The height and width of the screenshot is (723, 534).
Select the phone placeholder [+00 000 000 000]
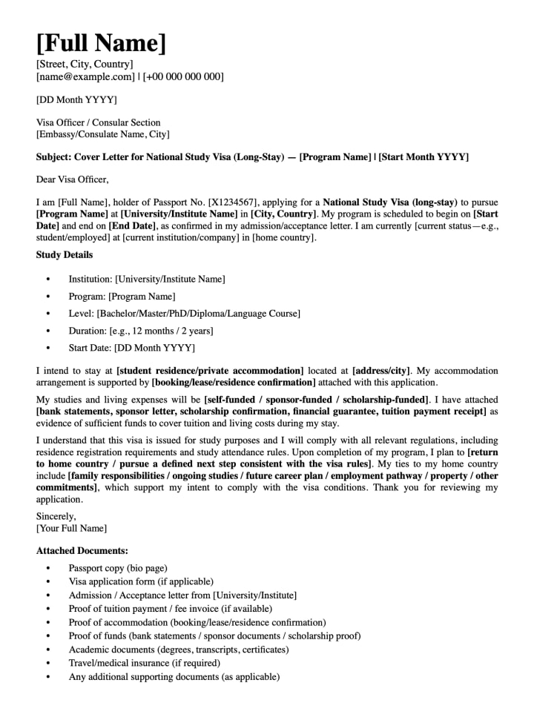(x=183, y=76)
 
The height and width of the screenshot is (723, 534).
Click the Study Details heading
(x=65, y=255)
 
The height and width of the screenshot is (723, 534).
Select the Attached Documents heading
(x=82, y=551)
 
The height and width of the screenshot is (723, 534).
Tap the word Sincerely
(x=56, y=515)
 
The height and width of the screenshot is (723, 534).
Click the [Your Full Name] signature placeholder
(x=71, y=528)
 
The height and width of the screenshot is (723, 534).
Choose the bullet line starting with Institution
(x=146, y=280)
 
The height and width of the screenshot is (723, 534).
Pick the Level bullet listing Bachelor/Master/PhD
(x=184, y=314)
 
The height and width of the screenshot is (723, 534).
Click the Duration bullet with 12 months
(x=140, y=331)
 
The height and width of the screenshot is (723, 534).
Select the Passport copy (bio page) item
(x=117, y=568)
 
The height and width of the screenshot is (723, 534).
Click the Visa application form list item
(x=141, y=581)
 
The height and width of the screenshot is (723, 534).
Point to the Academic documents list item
(x=179, y=650)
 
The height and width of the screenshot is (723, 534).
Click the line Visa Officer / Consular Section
(x=98, y=122)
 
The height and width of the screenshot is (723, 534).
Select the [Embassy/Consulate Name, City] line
(x=102, y=134)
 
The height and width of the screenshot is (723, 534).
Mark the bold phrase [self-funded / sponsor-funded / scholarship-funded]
(x=317, y=400)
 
